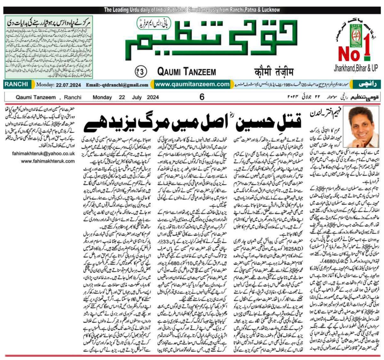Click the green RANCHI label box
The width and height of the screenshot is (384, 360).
[16, 84]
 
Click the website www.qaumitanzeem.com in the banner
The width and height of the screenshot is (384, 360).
[192, 84]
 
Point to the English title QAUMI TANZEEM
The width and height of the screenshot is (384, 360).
[187, 72]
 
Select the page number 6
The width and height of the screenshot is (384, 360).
[202, 97]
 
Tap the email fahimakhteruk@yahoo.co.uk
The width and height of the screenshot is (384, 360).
[44, 154]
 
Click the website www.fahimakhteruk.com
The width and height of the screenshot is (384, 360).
[48, 161]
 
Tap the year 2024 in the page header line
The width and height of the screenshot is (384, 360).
[153, 97]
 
